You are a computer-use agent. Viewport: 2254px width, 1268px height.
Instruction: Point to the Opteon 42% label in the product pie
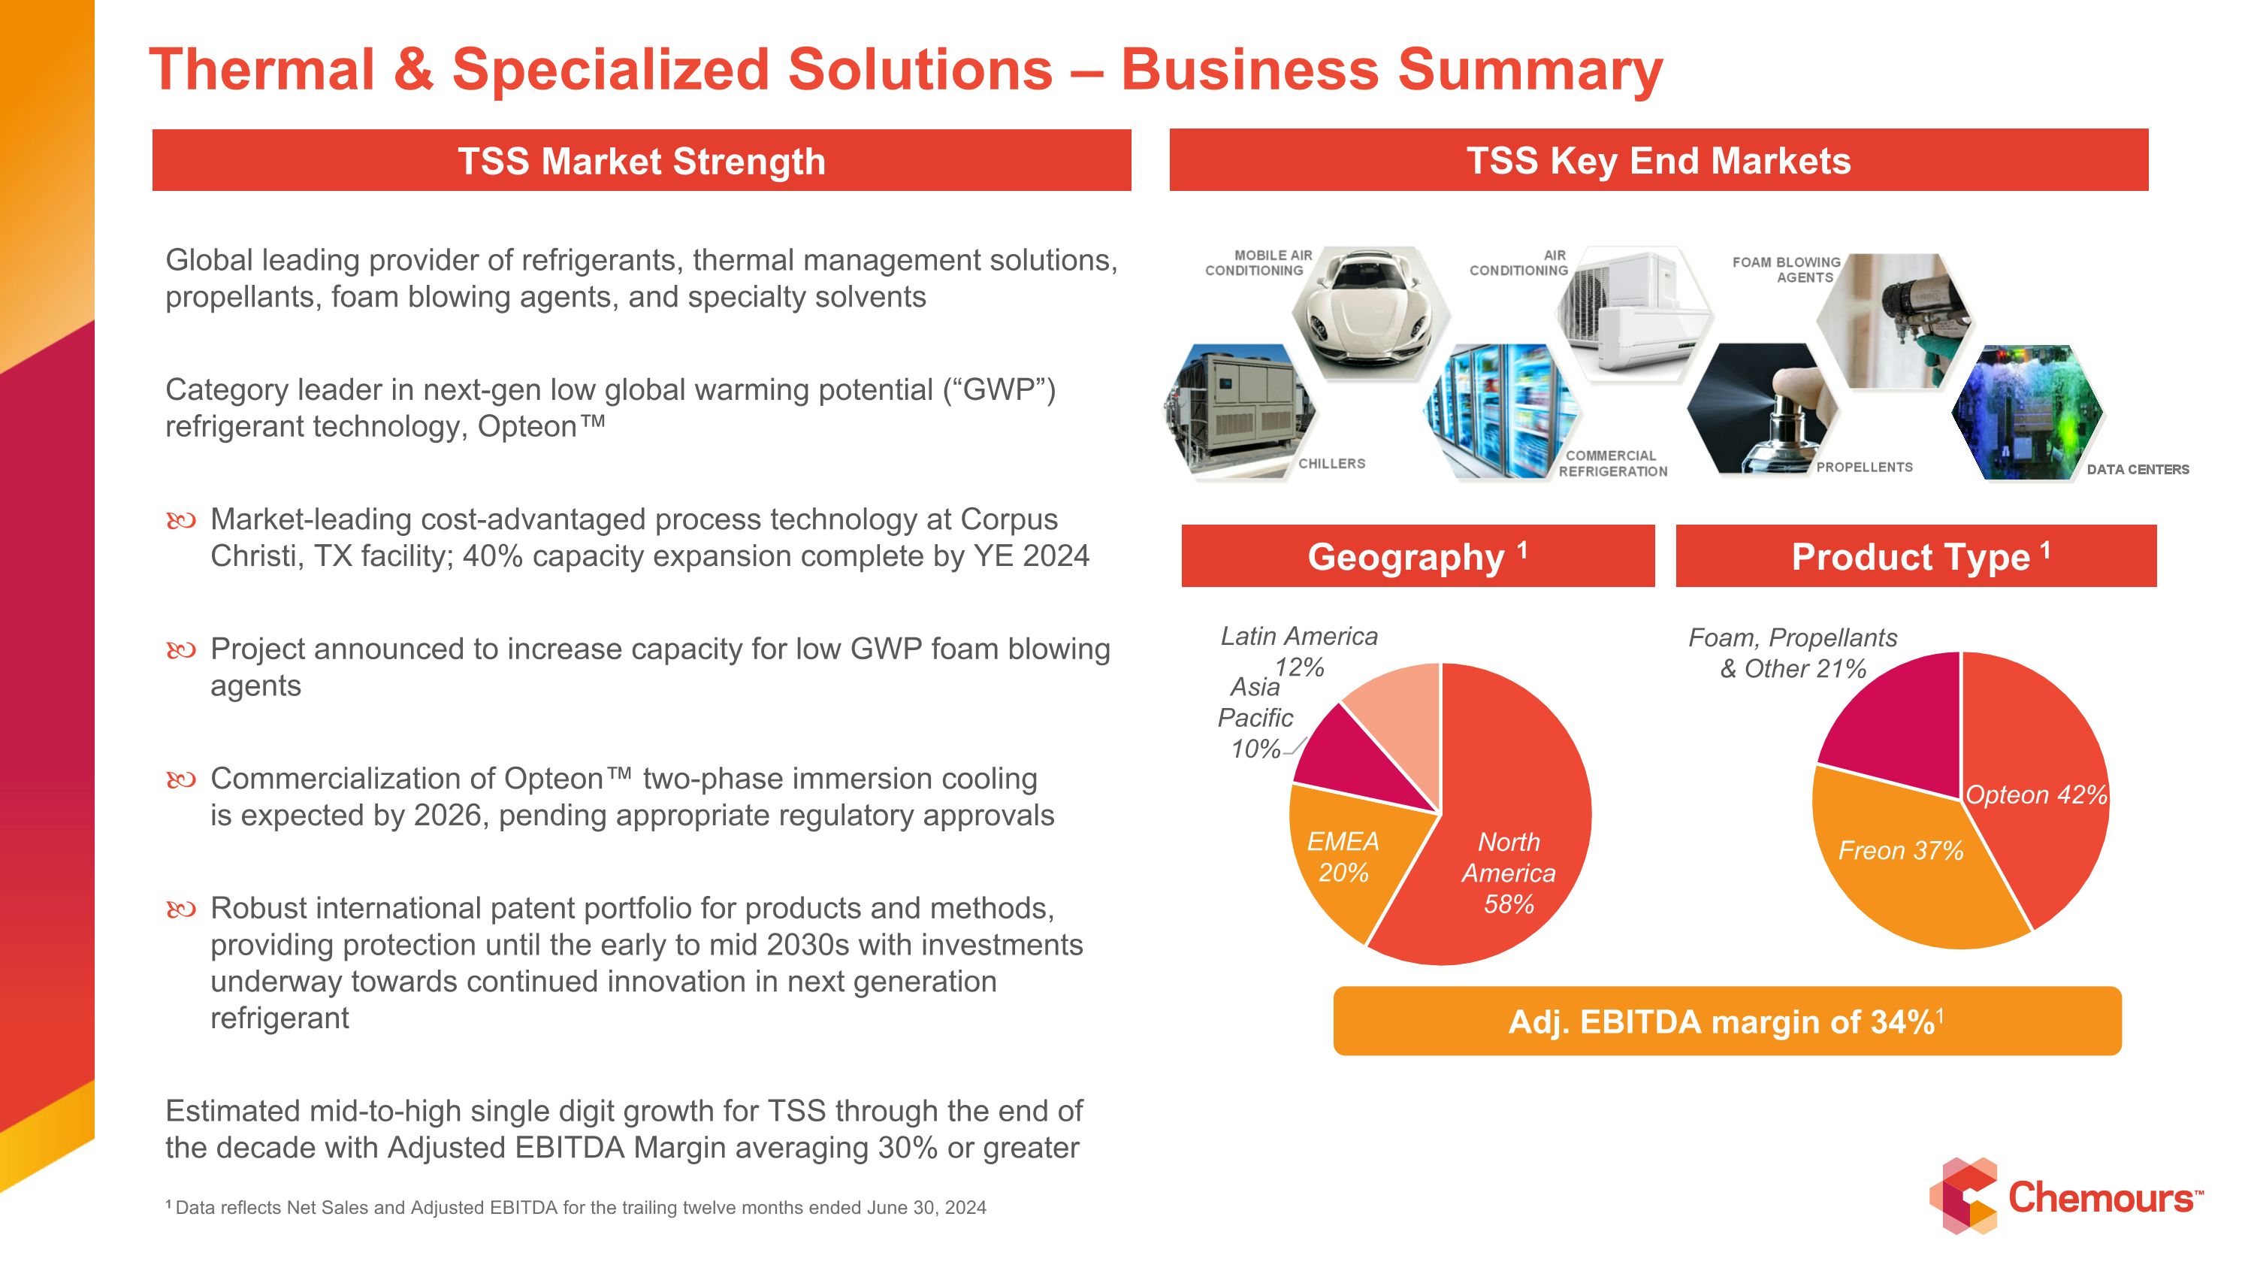tap(2036, 794)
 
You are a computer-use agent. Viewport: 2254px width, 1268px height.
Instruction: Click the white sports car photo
tap(1371, 313)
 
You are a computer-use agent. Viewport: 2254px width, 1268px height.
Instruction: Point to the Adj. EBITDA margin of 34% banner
tap(1727, 1021)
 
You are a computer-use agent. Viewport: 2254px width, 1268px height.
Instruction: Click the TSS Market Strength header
tap(642, 161)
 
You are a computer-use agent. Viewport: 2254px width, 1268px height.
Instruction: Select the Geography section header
tap(1418, 555)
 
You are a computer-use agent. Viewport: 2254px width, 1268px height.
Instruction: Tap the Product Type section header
tap(1916, 555)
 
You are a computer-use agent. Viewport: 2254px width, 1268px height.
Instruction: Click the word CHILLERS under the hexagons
tap(1332, 464)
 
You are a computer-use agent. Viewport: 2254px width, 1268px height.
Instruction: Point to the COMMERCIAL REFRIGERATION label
tap(1612, 464)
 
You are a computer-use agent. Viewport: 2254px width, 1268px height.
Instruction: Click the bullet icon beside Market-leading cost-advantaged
tap(181, 522)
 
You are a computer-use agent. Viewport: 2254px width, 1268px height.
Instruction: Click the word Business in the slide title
tap(1250, 69)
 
